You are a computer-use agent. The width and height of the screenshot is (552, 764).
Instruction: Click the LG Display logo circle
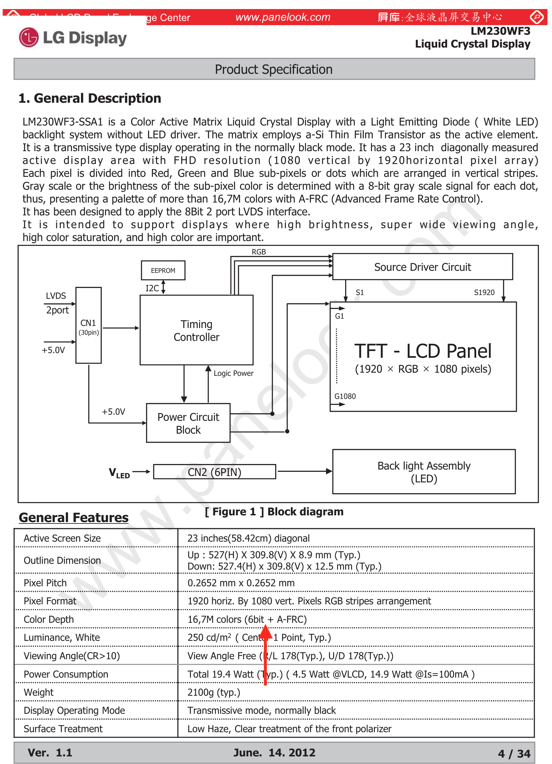(29, 37)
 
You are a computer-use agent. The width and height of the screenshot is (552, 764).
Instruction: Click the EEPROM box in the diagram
(163, 270)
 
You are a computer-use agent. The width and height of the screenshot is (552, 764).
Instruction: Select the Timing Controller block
(196, 330)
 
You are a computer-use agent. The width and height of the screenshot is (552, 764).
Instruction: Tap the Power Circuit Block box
(188, 423)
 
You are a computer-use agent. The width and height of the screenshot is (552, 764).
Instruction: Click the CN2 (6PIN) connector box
(214, 472)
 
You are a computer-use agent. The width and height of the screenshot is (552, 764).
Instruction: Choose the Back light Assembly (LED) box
(423, 472)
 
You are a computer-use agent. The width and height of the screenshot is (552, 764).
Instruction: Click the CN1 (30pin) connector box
(89, 325)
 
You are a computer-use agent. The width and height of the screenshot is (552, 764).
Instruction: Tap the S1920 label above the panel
(484, 292)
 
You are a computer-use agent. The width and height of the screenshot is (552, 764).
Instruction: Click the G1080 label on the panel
(345, 396)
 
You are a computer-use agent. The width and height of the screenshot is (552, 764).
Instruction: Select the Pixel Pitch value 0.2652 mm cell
(241, 583)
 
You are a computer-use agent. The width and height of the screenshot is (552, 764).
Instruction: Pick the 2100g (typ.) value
(214, 692)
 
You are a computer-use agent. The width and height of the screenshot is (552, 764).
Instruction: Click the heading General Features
(73, 517)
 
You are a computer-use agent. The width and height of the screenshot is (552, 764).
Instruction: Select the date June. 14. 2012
(274, 753)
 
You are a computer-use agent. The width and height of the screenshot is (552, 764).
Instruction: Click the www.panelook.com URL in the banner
(283, 17)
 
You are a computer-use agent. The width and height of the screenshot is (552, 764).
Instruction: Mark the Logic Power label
(233, 373)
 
